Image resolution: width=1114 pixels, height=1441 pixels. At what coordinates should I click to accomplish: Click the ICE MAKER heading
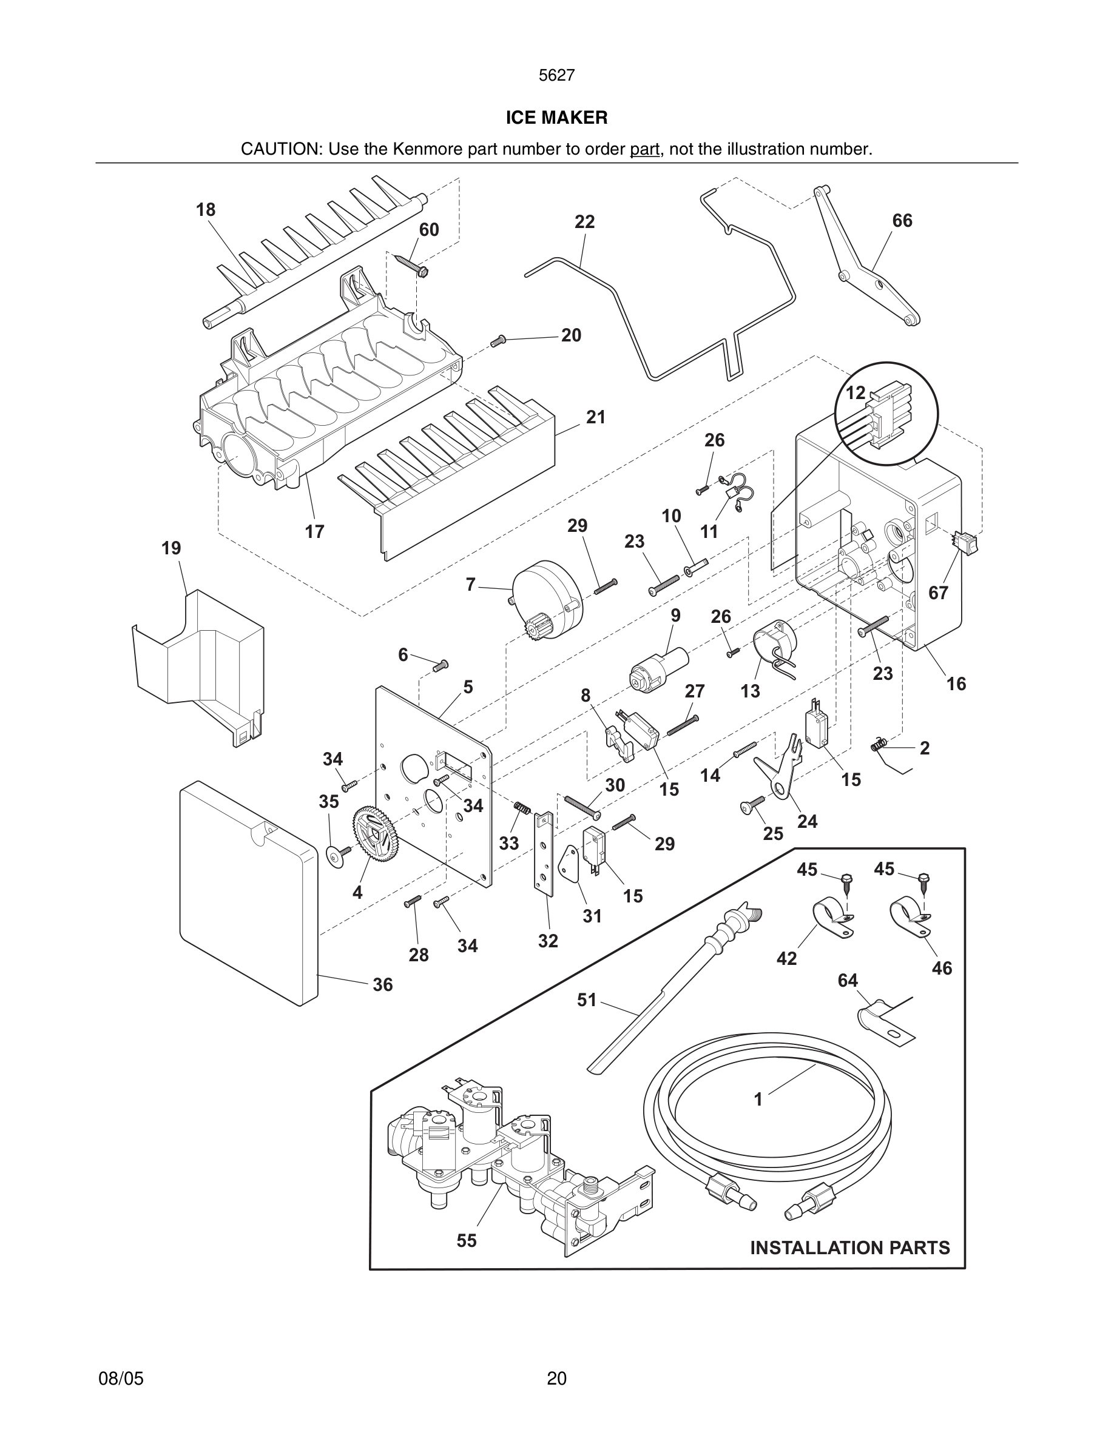click(556, 118)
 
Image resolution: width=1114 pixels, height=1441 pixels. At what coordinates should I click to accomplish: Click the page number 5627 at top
click(556, 76)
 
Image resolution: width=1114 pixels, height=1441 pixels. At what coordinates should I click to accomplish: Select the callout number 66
click(902, 221)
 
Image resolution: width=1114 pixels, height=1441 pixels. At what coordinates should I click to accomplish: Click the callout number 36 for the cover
click(382, 984)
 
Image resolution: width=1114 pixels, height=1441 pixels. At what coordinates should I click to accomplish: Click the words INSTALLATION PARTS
click(849, 1248)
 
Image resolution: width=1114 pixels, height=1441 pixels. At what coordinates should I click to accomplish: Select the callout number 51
click(587, 1000)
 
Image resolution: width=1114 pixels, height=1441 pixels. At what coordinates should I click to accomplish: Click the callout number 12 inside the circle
click(856, 393)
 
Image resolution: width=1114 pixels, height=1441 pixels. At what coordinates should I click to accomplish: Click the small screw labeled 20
click(498, 341)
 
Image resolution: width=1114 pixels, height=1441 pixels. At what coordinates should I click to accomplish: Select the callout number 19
click(171, 548)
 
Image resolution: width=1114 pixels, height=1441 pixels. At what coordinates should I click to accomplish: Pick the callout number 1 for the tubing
click(758, 1099)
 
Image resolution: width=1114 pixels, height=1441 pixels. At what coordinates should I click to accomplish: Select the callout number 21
click(595, 418)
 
